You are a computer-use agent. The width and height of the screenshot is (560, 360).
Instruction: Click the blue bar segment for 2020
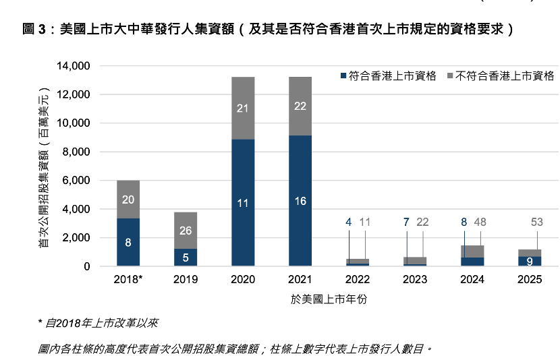tap(243, 202)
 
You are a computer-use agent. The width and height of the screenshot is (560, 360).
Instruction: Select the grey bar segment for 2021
tap(300, 106)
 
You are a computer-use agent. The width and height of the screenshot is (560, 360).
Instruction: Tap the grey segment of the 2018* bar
tap(128, 200)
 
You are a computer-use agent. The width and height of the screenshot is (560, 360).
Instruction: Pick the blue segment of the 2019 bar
tap(186, 258)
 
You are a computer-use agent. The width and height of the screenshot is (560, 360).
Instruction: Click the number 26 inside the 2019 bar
tap(186, 231)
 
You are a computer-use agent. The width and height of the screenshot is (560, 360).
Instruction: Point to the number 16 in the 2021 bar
tap(300, 201)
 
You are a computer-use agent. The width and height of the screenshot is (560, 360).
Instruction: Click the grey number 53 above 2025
tap(537, 222)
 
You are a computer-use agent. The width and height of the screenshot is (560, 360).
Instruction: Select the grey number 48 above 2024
tap(480, 222)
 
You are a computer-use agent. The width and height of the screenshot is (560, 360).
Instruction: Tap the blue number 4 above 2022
tap(349, 222)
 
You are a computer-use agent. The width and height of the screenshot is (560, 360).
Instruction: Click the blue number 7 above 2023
tap(406, 222)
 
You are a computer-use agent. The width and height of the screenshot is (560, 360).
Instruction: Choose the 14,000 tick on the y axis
tap(75, 66)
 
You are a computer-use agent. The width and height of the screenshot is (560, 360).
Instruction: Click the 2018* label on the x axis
tap(128, 279)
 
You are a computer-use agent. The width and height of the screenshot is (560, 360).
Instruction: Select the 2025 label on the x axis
tap(530, 279)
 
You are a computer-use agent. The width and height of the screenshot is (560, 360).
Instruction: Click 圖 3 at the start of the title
tap(36, 30)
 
